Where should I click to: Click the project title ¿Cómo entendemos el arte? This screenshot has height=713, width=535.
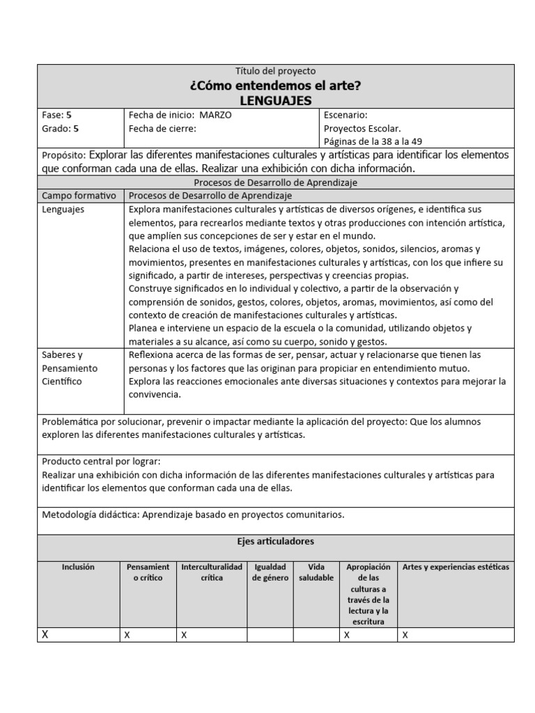pyautogui.click(x=275, y=86)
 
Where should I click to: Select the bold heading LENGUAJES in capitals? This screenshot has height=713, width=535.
pyautogui.click(x=275, y=101)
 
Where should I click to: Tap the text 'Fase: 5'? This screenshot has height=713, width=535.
pyautogui.click(x=57, y=115)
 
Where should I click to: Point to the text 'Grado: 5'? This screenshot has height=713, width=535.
pyautogui.click(x=61, y=128)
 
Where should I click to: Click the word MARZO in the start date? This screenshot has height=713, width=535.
pyautogui.click(x=215, y=115)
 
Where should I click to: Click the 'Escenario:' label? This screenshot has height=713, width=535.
pyautogui.click(x=346, y=115)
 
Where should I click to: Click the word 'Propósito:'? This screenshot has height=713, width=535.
pyautogui.click(x=63, y=155)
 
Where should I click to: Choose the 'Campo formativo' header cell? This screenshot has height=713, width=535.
pyautogui.click(x=79, y=196)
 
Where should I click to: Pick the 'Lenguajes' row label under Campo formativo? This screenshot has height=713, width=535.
pyautogui.click(x=63, y=210)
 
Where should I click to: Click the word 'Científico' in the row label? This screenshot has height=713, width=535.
pyautogui.click(x=62, y=382)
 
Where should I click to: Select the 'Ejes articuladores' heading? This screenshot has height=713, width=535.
pyautogui.click(x=275, y=541)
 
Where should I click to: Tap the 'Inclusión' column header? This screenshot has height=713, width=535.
pyautogui.click(x=77, y=567)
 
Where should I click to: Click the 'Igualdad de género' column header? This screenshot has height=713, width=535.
pyautogui.click(x=270, y=572)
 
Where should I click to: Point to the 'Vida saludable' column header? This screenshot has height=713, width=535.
pyautogui.click(x=316, y=572)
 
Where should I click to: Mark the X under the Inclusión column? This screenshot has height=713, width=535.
pyautogui.click(x=46, y=634)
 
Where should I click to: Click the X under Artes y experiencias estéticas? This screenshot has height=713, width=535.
pyautogui.click(x=405, y=635)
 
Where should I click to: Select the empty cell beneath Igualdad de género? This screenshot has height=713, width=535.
pyautogui.click(x=270, y=634)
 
